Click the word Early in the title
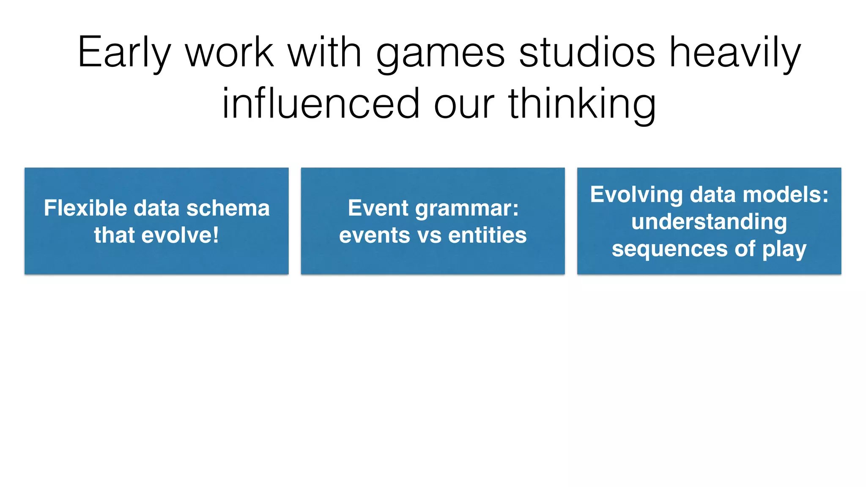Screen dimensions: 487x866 coord(124,53)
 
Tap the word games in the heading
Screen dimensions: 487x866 coord(440,54)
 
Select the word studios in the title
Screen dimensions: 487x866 coord(586,53)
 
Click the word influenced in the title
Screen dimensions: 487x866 coord(321,104)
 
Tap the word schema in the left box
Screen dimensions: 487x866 coord(228,208)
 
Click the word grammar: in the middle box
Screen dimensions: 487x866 coord(467,209)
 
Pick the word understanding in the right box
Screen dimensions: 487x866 coord(709,222)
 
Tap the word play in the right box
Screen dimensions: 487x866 coord(784,249)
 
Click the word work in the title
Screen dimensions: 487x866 coord(230,53)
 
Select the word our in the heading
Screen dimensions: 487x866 coord(464,104)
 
